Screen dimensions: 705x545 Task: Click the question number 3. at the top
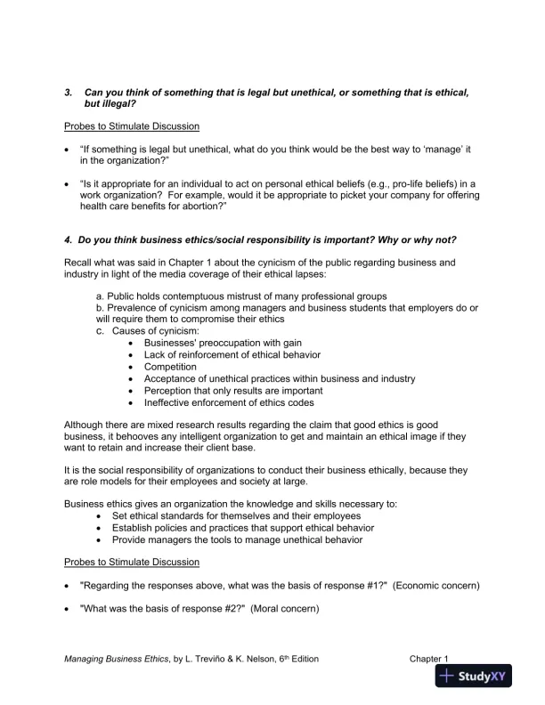tap(69, 92)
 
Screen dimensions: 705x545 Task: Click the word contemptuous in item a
tap(177, 296)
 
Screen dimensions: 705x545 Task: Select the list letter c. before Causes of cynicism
tap(100, 331)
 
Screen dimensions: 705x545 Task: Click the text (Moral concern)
tap(284, 609)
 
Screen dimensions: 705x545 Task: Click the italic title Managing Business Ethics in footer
tap(116, 659)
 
